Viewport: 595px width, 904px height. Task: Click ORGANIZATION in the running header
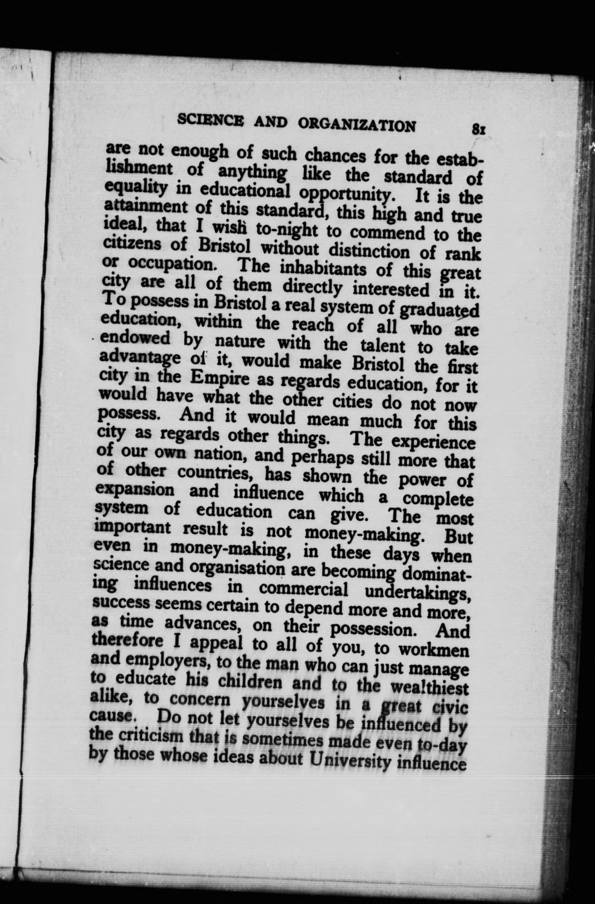356,124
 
